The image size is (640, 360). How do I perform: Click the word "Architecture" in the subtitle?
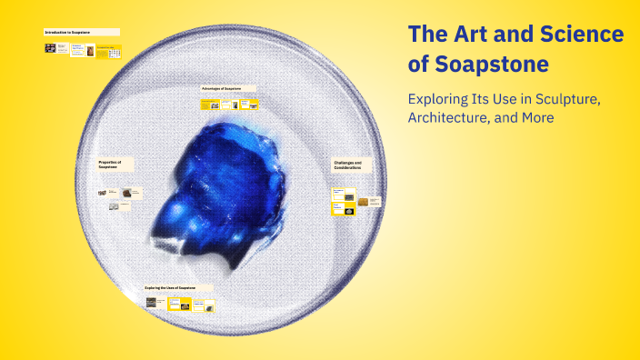(453, 118)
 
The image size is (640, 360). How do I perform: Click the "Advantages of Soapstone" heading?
(222, 88)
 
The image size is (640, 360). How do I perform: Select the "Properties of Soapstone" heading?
(110, 165)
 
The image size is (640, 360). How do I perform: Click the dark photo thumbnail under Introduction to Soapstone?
(50, 48)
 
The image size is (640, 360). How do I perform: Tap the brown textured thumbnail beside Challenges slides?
(363, 202)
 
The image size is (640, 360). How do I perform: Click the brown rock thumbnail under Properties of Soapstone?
(126, 192)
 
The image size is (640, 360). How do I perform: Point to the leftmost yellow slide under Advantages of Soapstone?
(206, 105)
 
